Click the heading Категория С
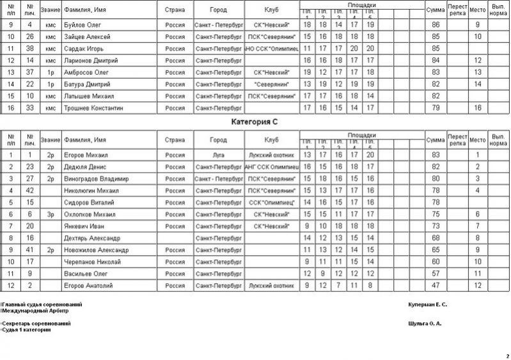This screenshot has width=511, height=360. (x=256, y=121)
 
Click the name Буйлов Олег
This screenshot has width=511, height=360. (x=82, y=24)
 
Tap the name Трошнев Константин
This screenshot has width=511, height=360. (x=93, y=108)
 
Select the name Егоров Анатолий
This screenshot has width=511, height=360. (x=86, y=285)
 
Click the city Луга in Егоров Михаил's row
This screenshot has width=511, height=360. (x=217, y=155)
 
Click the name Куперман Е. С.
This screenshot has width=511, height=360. (x=427, y=304)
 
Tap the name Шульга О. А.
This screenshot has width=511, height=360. (x=424, y=324)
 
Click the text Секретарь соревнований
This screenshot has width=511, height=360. (x=36, y=324)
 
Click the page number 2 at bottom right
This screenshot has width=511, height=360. (x=507, y=356)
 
